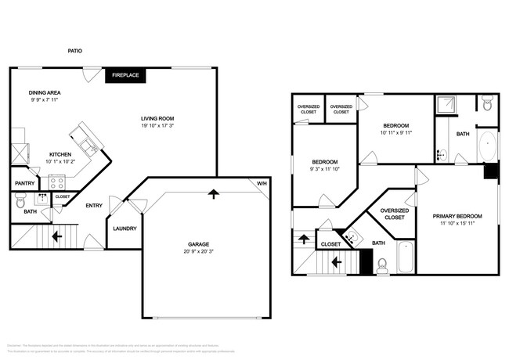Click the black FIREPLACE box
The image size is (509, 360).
[125, 75]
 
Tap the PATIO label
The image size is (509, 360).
[74, 52]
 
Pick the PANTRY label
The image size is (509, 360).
[24, 185]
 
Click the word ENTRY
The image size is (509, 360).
[95, 206]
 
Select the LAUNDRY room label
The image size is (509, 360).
[125, 229]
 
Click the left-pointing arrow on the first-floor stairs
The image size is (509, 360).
[56, 235]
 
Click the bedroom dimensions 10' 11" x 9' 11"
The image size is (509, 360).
[397, 133]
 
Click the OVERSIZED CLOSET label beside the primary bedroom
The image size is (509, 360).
[393, 214]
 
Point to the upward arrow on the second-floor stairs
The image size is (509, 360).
[302, 239]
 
